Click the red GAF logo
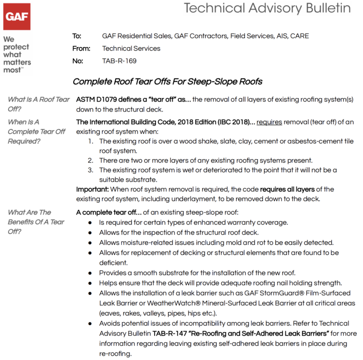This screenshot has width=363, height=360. (x=17, y=17)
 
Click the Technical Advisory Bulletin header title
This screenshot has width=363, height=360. (x=267, y=8)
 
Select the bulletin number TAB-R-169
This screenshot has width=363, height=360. (x=119, y=61)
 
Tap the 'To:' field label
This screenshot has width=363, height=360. (x=77, y=36)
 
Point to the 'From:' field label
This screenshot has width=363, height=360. (x=79, y=48)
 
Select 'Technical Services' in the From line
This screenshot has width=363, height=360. (x=131, y=48)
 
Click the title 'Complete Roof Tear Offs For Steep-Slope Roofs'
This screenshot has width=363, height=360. (x=167, y=82)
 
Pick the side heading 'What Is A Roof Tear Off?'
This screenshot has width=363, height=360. (x=38, y=104)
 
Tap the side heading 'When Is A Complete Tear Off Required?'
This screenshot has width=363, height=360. (x=36, y=131)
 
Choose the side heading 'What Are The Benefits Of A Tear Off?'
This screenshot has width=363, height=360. (x=36, y=222)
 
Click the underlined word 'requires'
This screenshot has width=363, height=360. (x=269, y=122)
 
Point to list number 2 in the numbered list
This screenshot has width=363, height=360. (x=91, y=161)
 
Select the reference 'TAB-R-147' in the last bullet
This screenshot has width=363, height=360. (x=169, y=333)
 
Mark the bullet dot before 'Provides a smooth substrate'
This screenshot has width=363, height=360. (x=90, y=273)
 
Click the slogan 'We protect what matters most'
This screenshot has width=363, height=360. (x=16, y=54)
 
